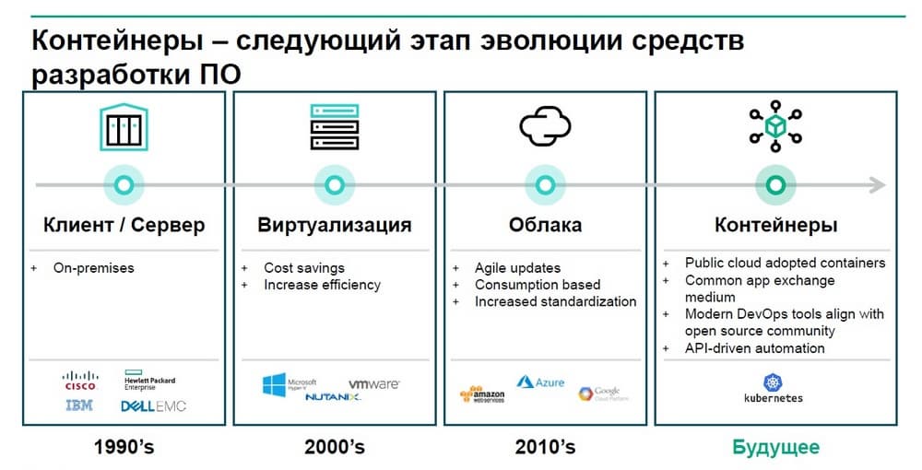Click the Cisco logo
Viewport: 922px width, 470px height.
(80, 380)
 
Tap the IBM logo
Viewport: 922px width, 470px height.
(79, 405)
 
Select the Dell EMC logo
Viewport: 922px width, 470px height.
(153, 406)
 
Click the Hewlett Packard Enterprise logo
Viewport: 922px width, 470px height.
(149, 380)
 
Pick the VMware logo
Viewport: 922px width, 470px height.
(374, 383)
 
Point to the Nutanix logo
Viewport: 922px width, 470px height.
(333, 398)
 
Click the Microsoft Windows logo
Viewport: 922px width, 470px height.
(274, 385)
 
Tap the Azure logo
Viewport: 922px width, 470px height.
(540, 382)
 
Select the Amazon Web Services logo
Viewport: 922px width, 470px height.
(482, 394)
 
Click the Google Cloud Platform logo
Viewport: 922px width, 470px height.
(603, 393)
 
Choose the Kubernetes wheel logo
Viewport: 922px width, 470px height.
(774, 382)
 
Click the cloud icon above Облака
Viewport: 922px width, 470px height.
(545, 125)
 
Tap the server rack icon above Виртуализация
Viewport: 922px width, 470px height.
(335, 127)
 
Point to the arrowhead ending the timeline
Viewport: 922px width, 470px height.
(878, 185)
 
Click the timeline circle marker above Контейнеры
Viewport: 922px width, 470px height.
(775, 185)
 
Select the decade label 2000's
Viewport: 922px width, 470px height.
(335, 447)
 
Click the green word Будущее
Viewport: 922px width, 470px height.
(775, 448)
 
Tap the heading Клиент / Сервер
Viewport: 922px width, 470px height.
(124, 225)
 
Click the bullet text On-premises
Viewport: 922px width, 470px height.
(93, 268)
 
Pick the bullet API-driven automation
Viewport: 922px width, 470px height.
(754, 348)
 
